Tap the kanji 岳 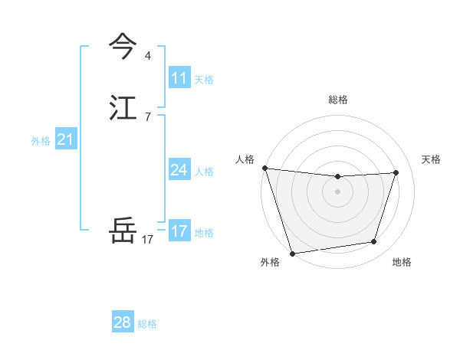click(x=123, y=230)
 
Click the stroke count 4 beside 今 click(x=147, y=56)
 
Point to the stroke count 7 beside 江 click(x=147, y=117)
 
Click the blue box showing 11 click(x=179, y=78)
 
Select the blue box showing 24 click(x=179, y=170)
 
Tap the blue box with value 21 click(x=65, y=139)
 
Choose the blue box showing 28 click(x=123, y=322)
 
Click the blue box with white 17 click(x=179, y=231)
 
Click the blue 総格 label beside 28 click(x=147, y=324)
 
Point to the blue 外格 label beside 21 click(x=41, y=141)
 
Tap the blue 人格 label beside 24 click(x=205, y=172)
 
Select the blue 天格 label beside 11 click(x=205, y=80)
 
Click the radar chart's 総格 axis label click(x=338, y=100)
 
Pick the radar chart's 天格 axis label click(x=431, y=159)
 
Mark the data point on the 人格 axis click(x=264, y=168)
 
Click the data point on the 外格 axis click(x=292, y=253)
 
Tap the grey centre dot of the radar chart click(x=337, y=191)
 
